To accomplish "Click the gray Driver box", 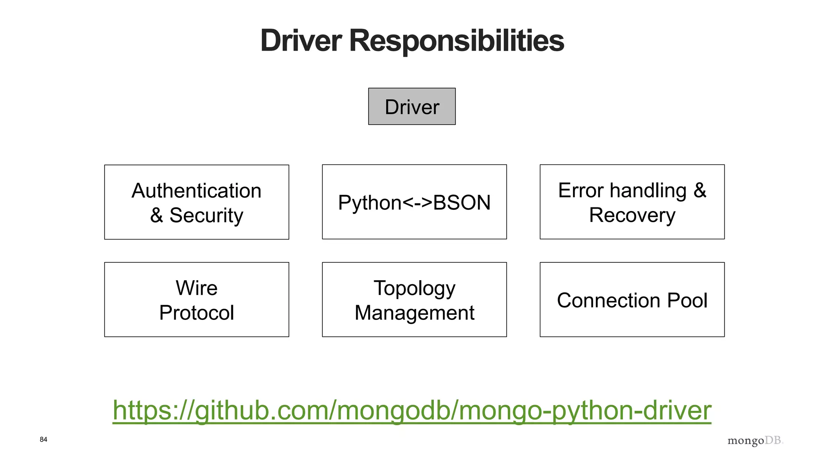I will tap(412, 107).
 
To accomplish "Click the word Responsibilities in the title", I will tap(456, 41).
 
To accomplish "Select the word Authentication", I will tap(196, 191).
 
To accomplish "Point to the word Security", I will tap(206, 215).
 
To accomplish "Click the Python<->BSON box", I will tap(414, 202).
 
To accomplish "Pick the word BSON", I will tap(462, 203).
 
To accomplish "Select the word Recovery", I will tap(632, 215).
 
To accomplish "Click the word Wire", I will tap(196, 288).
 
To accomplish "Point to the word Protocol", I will tap(196, 313).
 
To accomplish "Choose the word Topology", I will tap(414, 289).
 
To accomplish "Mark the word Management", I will tap(414, 313).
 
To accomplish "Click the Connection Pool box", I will tap(632, 300).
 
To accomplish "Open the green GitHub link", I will tap(412, 410).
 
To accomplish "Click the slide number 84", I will tap(43, 439).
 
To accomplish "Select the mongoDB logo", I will tap(755, 440).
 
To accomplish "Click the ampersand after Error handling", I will tap(700, 190).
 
